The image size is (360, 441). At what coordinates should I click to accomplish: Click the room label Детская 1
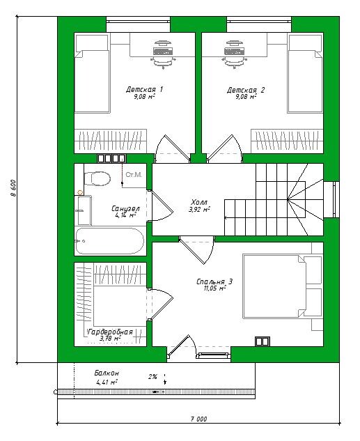[x=144, y=89]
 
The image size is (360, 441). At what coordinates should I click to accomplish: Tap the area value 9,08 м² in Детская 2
[x=246, y=97]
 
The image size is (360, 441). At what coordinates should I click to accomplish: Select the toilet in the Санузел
[x=97, y=178]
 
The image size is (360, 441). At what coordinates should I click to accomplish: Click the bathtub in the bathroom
[x=109, y=241]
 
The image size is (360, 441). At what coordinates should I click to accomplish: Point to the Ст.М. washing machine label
[x=134, y=175]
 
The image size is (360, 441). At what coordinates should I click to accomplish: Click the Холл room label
[x=199, y=202]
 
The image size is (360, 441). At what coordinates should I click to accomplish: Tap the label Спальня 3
[x=214, y=281]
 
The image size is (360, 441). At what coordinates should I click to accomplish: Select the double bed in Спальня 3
[x=283, y=286]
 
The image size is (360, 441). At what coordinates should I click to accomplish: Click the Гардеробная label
[x=110, y=332]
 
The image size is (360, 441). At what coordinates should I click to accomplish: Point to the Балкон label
[x=107, y=373]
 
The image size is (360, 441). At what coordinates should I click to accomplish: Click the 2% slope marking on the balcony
[x=152, y=377]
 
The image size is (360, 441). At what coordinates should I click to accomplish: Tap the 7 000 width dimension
[x=198, y=419]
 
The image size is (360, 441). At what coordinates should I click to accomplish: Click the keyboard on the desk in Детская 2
[x=234, y=51]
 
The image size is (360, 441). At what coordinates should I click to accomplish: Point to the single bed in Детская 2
[x=305, y=73]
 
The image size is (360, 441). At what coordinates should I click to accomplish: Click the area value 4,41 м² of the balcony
[x=107, y=382]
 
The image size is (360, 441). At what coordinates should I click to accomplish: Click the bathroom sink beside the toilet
[x=83, y=210]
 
